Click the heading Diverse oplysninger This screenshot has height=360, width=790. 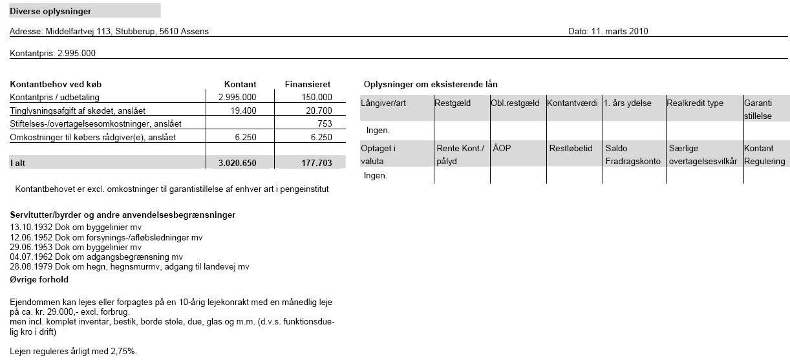(50, 11)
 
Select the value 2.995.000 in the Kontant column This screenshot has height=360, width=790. (237, 97)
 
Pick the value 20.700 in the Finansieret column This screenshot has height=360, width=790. (319, 111)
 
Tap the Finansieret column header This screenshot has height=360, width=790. (308, 84)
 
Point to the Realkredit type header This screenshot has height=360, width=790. (695, 103)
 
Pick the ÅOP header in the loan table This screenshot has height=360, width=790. (502, 148)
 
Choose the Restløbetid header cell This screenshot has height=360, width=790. (571, 148)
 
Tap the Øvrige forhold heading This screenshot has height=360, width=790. (39, 279)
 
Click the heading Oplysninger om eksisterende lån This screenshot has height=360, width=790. (431, 85)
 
